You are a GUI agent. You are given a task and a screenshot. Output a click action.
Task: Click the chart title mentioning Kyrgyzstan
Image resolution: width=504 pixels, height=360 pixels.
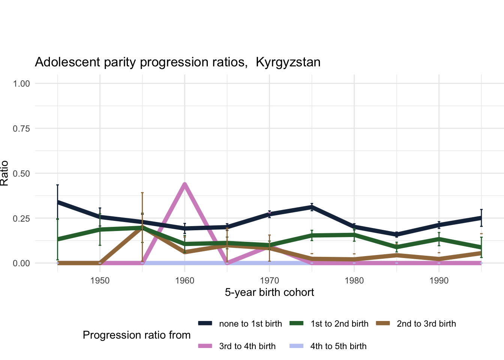(177, 62)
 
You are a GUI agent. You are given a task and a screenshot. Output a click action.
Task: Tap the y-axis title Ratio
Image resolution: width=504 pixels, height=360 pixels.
(4, 173)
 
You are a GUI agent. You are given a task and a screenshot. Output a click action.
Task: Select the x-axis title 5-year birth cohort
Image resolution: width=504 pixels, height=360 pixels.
(269, 292)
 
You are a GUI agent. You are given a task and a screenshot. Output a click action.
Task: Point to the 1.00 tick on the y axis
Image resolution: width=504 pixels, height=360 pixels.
(21, 83)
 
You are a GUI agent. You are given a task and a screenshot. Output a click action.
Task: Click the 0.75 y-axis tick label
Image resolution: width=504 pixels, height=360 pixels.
(21, 128)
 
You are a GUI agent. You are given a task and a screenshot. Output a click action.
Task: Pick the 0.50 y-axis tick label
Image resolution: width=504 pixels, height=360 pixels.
(21, 173)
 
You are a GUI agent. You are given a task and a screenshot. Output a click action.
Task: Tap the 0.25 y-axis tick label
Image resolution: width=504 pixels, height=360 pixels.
(21, 218)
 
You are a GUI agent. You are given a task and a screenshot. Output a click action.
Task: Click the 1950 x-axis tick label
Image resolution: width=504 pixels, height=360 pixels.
(100, 281)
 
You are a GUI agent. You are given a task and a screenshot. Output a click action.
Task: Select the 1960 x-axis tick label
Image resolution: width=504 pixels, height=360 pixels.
(184, 281)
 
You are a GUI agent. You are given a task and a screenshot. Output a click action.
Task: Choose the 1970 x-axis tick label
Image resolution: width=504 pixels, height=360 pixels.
(269, 281)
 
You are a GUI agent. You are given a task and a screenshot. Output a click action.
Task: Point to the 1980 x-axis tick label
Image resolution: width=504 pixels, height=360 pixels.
(354, 281)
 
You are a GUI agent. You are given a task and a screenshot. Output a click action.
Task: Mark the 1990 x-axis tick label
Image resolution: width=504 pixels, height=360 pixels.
(439, 281)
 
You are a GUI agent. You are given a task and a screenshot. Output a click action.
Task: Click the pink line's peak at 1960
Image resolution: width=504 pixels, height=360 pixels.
(184, 184)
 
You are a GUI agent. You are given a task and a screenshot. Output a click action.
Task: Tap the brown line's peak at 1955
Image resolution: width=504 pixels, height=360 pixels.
(142, 228)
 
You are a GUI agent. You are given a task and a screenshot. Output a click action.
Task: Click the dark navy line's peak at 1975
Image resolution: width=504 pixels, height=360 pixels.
(312, 207)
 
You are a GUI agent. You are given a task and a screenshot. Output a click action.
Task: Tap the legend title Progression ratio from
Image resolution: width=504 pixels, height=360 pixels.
(136, 335)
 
